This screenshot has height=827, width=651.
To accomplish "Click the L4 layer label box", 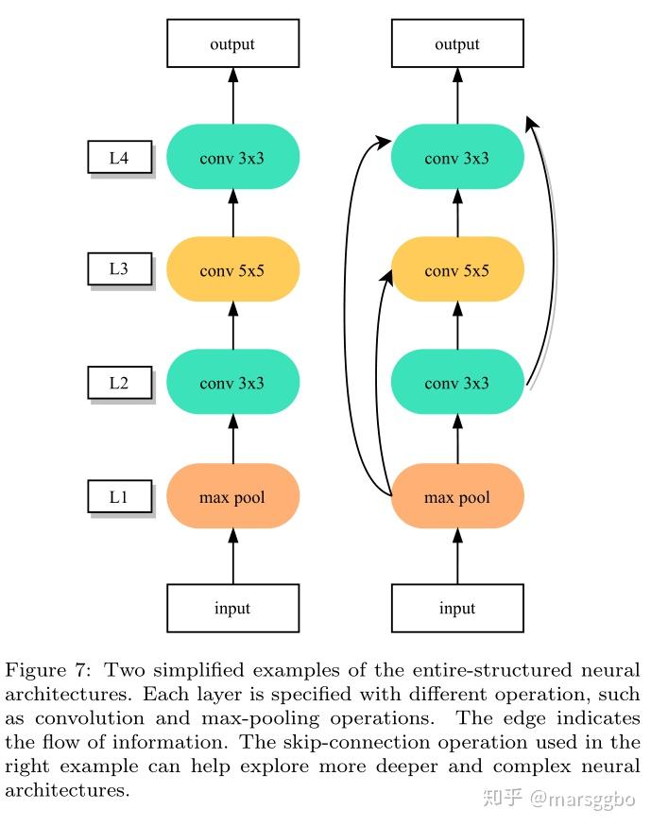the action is [120, 157].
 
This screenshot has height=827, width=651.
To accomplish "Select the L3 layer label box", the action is [120, 269].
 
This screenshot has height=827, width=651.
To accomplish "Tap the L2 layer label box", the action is [120, 383].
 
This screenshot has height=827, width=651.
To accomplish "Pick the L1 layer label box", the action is [120, 496].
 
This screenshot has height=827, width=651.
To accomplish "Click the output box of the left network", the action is [233, 43].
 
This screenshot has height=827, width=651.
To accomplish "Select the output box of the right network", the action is [457, 43].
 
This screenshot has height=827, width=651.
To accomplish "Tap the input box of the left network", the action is [233, 608].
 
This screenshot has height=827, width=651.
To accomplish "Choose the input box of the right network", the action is [457, 608].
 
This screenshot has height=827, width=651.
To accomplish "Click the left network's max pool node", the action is [233, 496].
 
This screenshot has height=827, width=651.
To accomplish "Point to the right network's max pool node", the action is [457, 496].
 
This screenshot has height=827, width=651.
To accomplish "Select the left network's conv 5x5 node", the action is [233, 269].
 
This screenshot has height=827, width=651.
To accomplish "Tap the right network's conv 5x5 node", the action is [457, 269].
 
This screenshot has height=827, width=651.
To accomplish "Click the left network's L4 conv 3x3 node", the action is [233, 157].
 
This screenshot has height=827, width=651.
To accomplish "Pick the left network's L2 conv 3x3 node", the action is [233, 382].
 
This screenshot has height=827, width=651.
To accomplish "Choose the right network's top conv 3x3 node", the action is [457, 157].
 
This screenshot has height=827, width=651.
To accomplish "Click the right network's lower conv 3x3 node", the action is [457, 382].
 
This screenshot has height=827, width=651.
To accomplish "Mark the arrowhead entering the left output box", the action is [233, 75].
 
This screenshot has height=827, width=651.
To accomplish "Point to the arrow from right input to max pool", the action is [457, 556].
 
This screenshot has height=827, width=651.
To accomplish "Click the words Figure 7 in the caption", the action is [48, 670].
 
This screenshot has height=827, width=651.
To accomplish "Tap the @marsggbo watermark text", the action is [582, 799].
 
